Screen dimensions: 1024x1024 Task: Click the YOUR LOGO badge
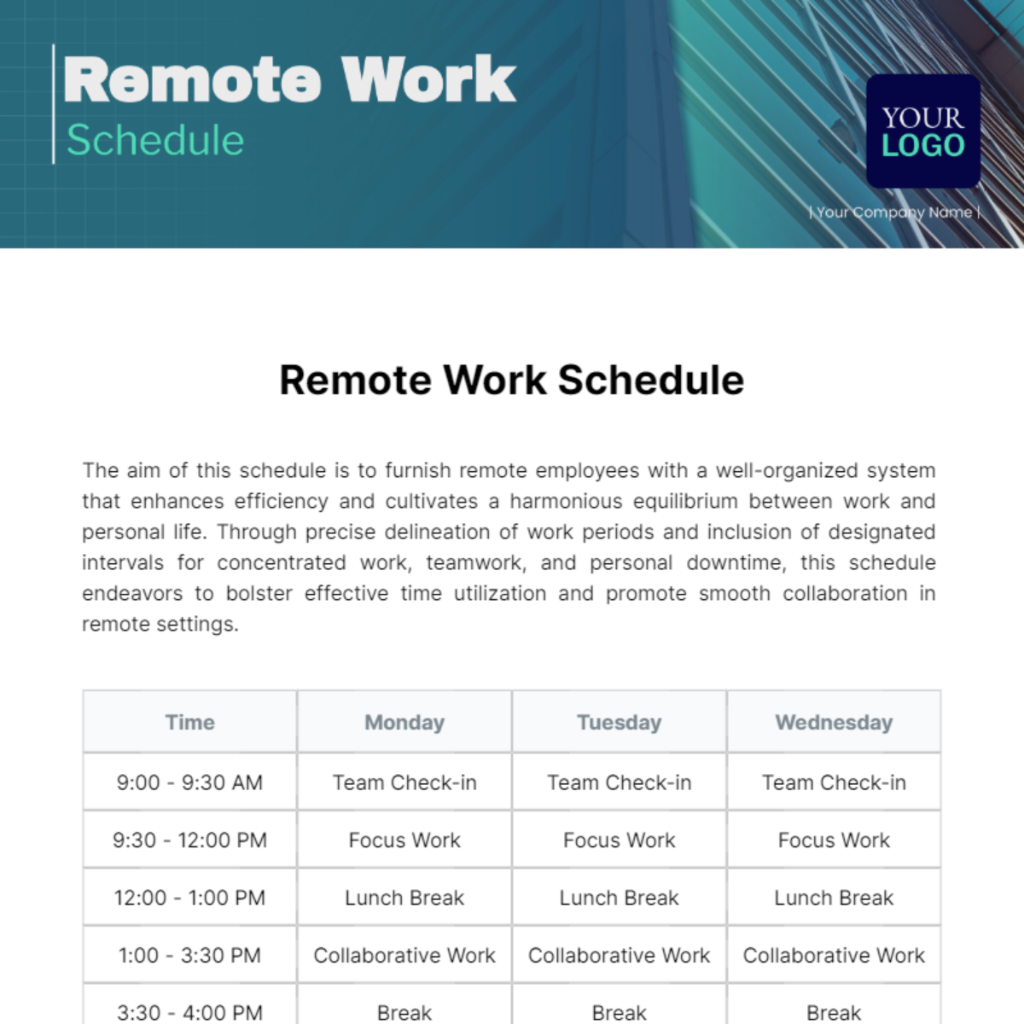pos(922,131)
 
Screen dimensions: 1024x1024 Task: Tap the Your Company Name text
pos(894,212)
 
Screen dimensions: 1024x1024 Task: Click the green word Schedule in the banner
pos(155,141)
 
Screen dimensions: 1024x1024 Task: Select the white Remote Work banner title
pos(289,80)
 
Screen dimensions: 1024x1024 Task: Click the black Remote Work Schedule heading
pos(511,381)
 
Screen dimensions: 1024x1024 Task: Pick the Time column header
pos(189,723)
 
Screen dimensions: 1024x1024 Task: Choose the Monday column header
pos(404,723)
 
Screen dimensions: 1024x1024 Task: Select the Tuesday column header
pos(620,723)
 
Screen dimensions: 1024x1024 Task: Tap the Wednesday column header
pos(834,723)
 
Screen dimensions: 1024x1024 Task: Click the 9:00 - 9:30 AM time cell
pos(189,783)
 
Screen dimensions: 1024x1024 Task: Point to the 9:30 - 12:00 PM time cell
pos(189,841)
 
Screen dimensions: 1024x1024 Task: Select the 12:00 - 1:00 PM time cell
pos(189,898)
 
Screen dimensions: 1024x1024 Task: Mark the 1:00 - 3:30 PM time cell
pos(189,956)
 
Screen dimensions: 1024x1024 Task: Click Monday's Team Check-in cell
pos(404,783)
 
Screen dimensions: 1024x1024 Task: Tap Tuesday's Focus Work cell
pos(620,841)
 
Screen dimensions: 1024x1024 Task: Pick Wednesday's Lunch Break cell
pos(834,898)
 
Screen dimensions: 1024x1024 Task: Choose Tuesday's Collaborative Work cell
pos(620,956)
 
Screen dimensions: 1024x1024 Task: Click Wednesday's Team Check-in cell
pos(834,783)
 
